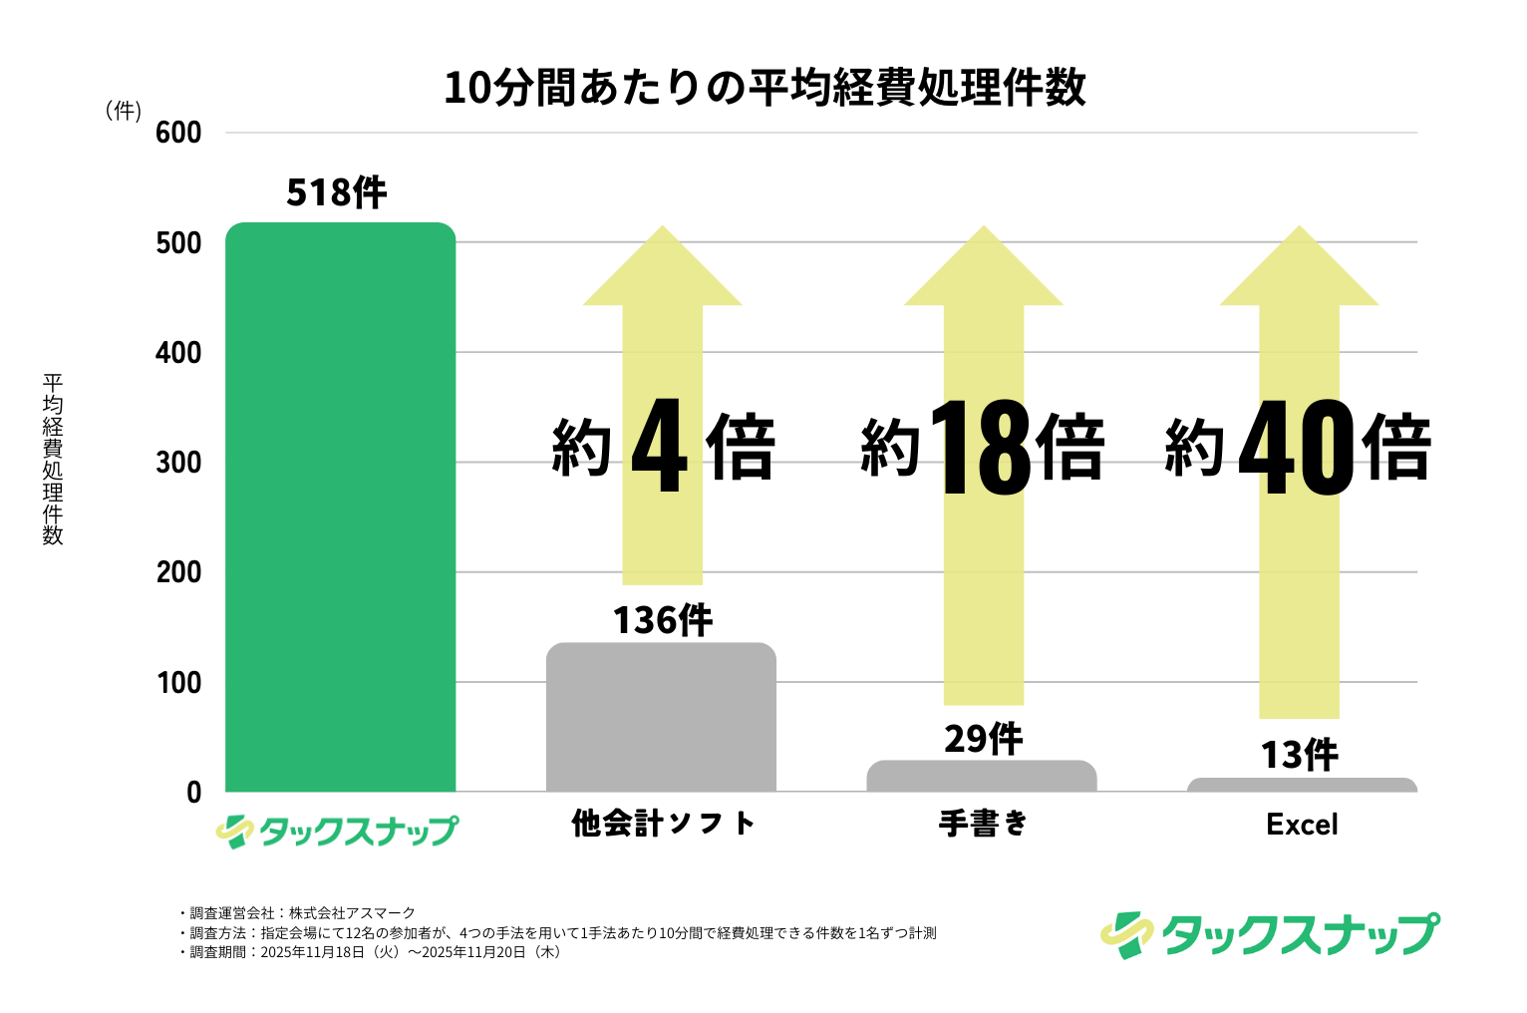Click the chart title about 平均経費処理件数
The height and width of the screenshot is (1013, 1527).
click(x=764, y=88)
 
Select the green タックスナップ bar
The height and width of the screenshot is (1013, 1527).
click(x=340, y=507)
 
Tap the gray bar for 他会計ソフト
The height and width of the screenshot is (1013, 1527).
click(x=661, y=717)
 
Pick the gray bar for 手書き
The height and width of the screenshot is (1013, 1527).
click(x=982, y=777)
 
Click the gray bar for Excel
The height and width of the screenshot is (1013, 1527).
click(x=1302, y=786)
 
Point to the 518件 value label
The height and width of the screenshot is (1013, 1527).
click(x=337, y=192)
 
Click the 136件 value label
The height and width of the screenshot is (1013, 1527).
click(x=662, y=620)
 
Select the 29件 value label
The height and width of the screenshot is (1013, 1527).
click(x=983, y=739)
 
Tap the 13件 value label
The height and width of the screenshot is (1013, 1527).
click(x=1299, y=755)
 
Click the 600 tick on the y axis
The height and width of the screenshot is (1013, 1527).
click(x=179, y=133)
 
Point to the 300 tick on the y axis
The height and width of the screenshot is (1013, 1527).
click(x=179, y=463)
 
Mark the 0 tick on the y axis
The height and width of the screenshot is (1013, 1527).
click(x=193, y=793)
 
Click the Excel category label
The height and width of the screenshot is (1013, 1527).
click(x=1302, y=825)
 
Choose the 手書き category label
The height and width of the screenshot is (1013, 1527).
click(x=983, y=824)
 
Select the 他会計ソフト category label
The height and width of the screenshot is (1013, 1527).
click(x=663, y=824)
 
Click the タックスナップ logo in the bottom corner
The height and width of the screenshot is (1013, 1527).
click(x=1270, y=934)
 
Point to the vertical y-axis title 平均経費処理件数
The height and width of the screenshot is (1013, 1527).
click(x=53, y=459)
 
